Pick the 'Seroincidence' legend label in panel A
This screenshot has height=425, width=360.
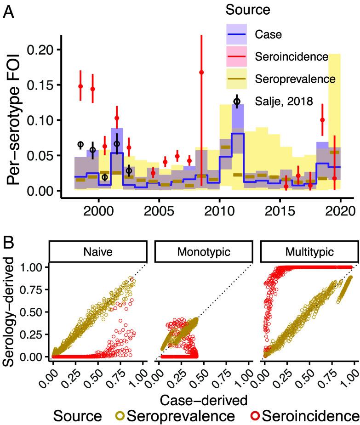pyautogui.click(x=289, y=57)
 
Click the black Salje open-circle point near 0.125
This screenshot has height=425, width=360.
pyautogui.click(x=237, y=102)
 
